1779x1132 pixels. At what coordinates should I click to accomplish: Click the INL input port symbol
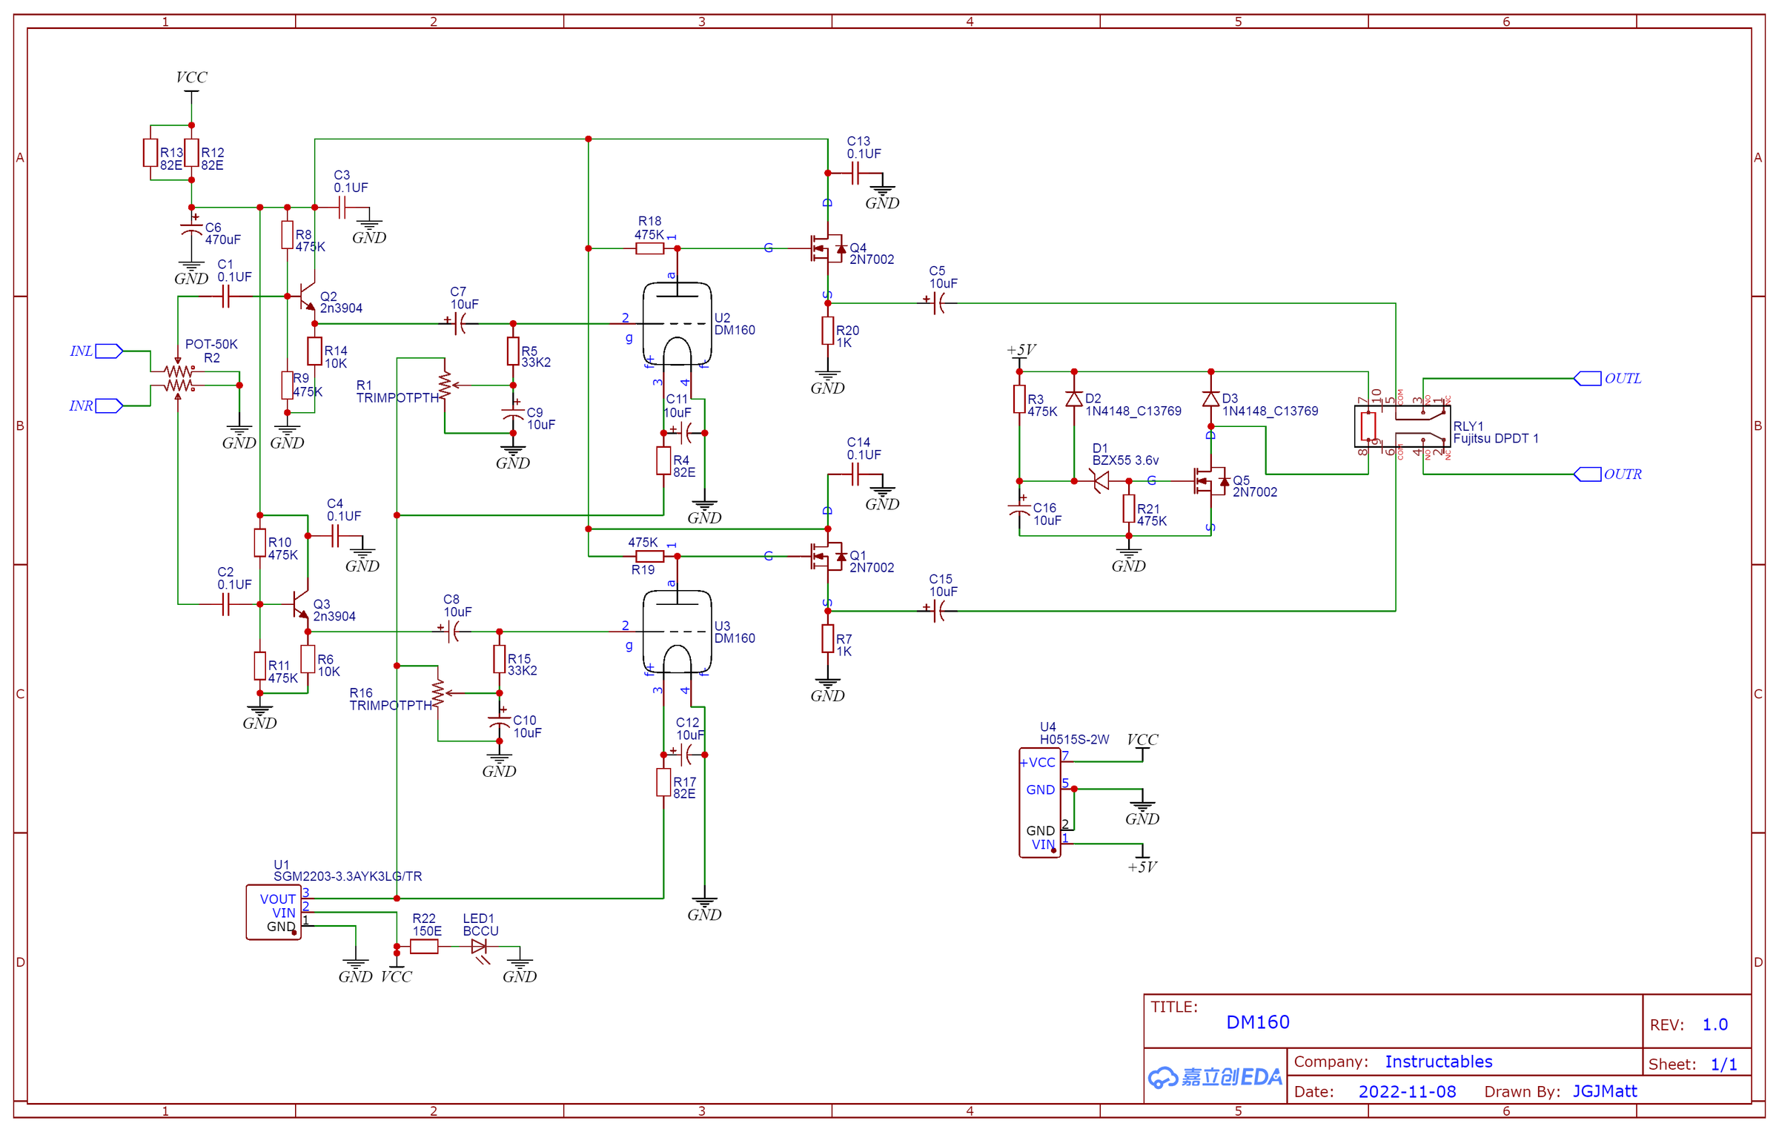pos(109,351)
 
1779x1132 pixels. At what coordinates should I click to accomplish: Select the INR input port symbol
pos(109,406)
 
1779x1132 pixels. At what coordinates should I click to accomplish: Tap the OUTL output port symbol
pos(1587,379)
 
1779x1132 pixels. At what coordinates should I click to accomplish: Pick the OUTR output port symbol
pos(1587,474)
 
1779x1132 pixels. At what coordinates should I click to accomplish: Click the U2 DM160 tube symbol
pos(677,323)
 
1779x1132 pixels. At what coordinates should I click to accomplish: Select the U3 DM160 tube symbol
pos(677,632)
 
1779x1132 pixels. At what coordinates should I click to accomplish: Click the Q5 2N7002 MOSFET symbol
pos(1210,481)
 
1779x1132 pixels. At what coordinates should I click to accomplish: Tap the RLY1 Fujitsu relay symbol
pos(1402,427)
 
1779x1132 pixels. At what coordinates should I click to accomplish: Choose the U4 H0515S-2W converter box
pos(1040,803)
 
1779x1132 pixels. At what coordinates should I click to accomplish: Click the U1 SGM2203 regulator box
pos(274,913)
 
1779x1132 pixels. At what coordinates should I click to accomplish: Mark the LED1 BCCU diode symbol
pos(480,947)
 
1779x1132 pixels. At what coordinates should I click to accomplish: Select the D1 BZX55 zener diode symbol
pos(1102,481)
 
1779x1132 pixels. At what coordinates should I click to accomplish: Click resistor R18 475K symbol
pos(649,248)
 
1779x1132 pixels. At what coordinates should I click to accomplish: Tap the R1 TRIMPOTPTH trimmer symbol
pos(445,385)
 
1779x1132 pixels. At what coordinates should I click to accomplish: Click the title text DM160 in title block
pos(1257,1022)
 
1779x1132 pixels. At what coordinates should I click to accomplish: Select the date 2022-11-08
pos(1406,1091)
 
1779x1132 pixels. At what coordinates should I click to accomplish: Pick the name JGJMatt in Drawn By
pos(1604,1091)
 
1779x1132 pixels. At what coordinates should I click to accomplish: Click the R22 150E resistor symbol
pos(424,947)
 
